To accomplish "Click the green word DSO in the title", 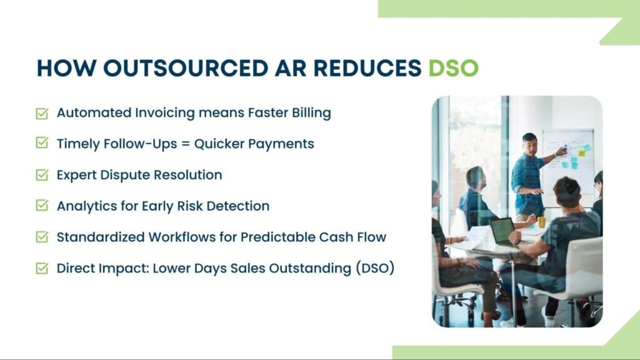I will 453,68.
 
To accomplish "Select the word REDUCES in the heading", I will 357,68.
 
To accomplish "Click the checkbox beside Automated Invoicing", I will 42,114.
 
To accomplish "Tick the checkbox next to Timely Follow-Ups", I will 42,144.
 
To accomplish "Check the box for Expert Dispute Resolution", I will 42,175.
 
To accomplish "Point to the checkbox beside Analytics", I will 42,206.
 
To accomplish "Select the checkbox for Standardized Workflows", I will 42,237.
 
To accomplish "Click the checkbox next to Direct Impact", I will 42,269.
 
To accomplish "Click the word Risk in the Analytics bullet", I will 194,206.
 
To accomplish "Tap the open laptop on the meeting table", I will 502,231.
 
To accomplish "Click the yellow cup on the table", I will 542,221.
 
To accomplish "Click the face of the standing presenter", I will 530,142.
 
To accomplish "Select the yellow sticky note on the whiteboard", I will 582,152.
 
